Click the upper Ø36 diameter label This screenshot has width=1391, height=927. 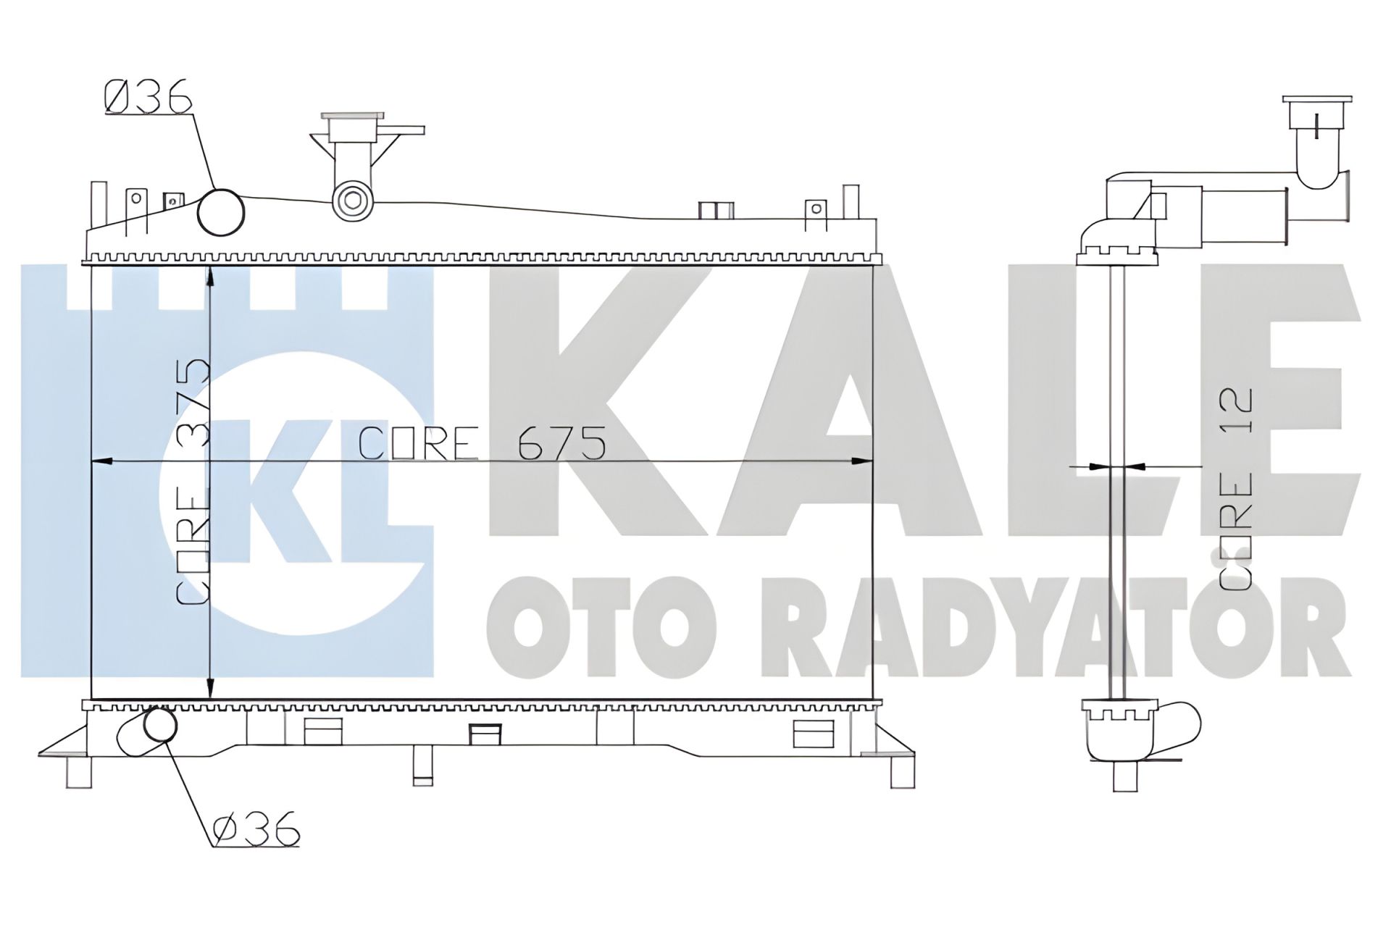coord(148,96)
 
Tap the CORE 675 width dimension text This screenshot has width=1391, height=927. coord(483,443)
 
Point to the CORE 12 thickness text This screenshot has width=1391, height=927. coord(1235,489)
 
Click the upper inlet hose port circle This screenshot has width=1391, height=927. coord(221,212)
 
